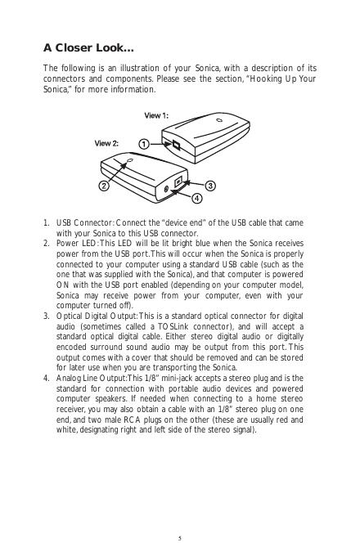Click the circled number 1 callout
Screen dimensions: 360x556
(143, 145)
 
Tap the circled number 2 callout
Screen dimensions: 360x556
(104, 186)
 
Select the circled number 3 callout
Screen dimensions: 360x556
(210, 186)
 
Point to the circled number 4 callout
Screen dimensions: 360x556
(197, 198)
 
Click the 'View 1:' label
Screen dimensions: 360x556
(156, 115)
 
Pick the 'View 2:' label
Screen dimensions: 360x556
(106, 143)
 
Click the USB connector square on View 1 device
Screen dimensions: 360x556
(176, 145)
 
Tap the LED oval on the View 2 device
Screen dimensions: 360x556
(129, 161)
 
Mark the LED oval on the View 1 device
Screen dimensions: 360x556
(219, 119)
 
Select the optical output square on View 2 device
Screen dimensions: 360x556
(178, 182)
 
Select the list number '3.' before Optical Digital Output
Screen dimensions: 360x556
(47, 316)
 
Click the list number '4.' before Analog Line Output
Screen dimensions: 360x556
(47, 378)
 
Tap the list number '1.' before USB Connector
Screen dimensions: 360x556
(47, 223)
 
